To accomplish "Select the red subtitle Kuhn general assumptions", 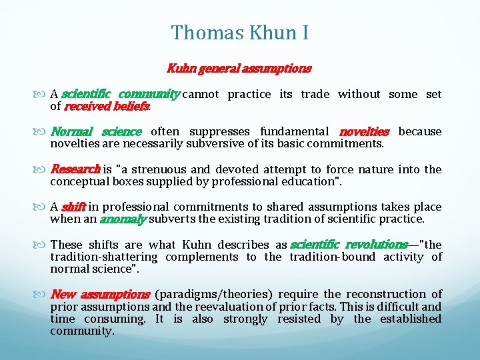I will coord(239,68).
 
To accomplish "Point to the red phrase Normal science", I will coord(96,131).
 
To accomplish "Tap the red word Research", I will coord(75,169).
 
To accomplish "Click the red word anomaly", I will coord(123,219).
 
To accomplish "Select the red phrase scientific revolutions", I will coord(349,245).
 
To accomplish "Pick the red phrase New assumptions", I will coord(100,294).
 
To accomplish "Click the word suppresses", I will coord(220,131).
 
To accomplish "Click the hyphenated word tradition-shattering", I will coord(104,257).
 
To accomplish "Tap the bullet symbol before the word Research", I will coord(43,169).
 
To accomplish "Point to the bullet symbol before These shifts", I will coord(43,245).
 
